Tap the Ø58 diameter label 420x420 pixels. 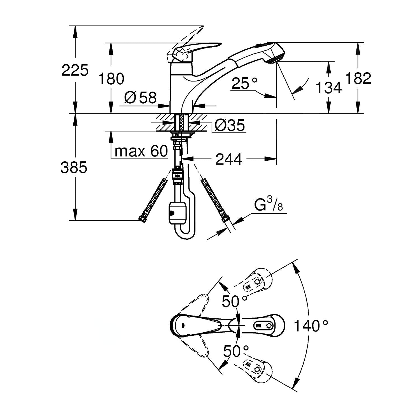tap(141, 98)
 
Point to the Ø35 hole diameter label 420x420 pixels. tap(229, 126)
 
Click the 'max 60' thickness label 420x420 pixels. tap(141, 151)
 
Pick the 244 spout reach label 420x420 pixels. tap(228, 160)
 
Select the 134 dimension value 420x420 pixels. tap(328, 88)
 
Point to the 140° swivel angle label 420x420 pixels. tap(311, 326)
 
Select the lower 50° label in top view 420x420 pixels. tap(236, 351)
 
